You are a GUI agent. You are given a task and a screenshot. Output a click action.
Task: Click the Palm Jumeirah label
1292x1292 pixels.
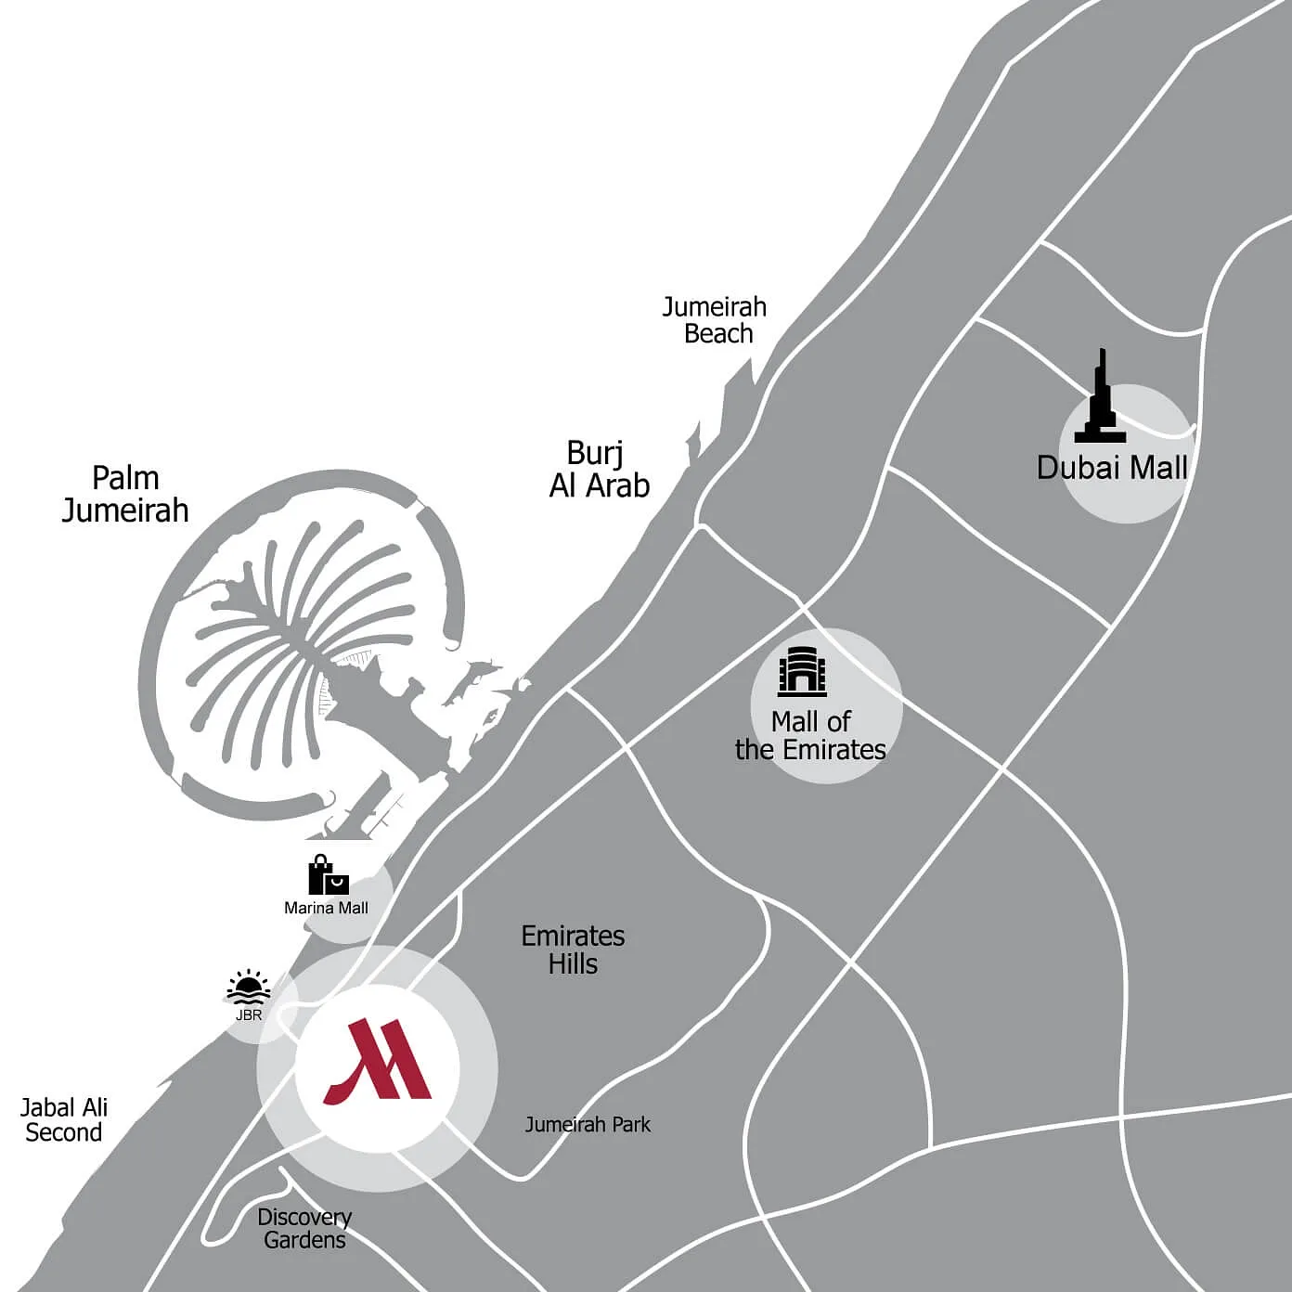pyautogui.click(x=125, y=494)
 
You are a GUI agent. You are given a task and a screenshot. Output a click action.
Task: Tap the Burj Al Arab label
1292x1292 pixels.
pyautogui.click(x=600, y=470)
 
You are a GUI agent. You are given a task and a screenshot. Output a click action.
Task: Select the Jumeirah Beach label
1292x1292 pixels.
pyautogui.click(x=715, y=320)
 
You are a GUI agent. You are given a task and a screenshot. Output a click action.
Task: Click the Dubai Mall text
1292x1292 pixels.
pyautogui.click(x=1112, y=467)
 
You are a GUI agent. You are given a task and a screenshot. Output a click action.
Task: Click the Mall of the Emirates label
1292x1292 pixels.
pyautogui.click(x=810, y=735)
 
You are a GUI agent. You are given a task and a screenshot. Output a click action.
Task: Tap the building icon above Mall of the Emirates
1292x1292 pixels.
pyautogui.click(x=802, y=671)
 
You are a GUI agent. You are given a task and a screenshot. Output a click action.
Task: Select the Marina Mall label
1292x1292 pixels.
pyautogui.click(x=326, y=908)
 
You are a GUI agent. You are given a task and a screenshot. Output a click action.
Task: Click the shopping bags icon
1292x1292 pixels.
pyautogui.click(x=328, y=875)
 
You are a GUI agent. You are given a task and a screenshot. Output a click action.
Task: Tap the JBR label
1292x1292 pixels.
pyautogui.click(x=249, y=1014)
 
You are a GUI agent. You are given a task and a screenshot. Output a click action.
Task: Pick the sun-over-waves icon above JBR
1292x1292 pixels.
pyautogui.click(x=249, y=987)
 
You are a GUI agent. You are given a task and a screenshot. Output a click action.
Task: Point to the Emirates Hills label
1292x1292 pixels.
pyautogui.click(x=573, y=950)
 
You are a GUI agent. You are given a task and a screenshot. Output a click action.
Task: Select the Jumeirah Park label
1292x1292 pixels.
pyautogui.click(x=588, y=1125)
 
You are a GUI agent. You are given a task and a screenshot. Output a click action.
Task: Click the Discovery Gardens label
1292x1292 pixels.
pyautogui.click(x=304, y=1228)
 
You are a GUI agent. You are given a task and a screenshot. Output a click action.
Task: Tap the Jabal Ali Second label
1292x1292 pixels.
pyautogui.click(x=64, y=1119)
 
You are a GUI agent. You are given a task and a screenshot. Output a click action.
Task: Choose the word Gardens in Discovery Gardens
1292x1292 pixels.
pyautogui.click(x=304, y=1240)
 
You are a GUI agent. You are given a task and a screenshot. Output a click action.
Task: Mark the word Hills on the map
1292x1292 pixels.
pyautogui.click(x=573, y=963)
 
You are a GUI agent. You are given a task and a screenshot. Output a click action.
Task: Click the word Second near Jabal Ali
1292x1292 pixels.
pyautogui.click(x=64, y=1132)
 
